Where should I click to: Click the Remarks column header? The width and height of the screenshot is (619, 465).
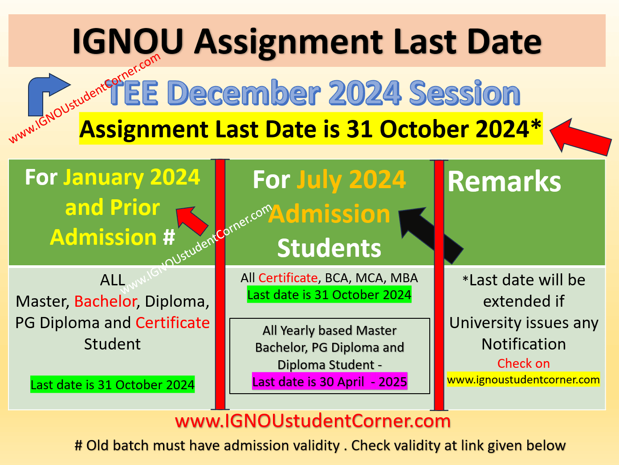point(504,182)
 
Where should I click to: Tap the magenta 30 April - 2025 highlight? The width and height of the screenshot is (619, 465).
point(330,382)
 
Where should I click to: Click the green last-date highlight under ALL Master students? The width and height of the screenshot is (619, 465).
point(112,385)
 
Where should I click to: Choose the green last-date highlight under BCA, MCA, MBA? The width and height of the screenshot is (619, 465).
point(329,295)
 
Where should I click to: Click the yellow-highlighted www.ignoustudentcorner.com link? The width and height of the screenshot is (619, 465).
point(523,380)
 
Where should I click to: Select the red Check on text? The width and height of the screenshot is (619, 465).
point(523,364)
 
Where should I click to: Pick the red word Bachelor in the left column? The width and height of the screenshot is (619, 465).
point(105,302)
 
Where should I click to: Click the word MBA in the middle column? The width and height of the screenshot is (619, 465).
point(404,278)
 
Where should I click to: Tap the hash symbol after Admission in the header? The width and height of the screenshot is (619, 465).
point(169,238)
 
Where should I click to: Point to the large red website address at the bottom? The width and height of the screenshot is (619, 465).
point(313,421)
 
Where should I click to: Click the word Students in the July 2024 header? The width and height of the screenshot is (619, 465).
point(329,248)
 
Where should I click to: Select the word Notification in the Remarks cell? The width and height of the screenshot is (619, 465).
point(524,344)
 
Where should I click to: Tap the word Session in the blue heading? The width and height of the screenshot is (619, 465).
point(464,93)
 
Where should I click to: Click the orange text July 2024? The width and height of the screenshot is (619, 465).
point(351,180)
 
